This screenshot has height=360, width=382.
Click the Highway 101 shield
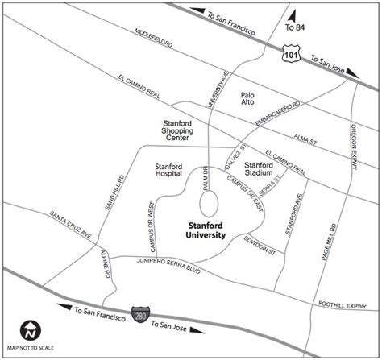tap(289, 54)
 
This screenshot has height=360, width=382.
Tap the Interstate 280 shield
tap(139, 310)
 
